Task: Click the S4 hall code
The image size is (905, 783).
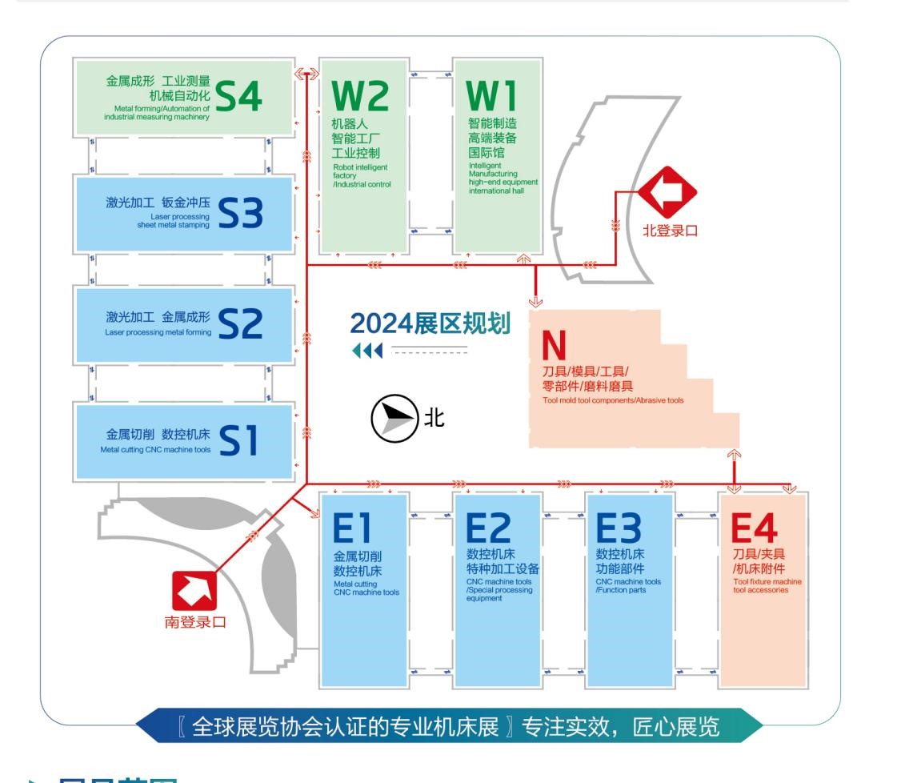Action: [x=239, y=99]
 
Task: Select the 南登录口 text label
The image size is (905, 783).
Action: [x=195, y=622]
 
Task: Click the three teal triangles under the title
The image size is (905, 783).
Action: [x=367, y=351]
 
